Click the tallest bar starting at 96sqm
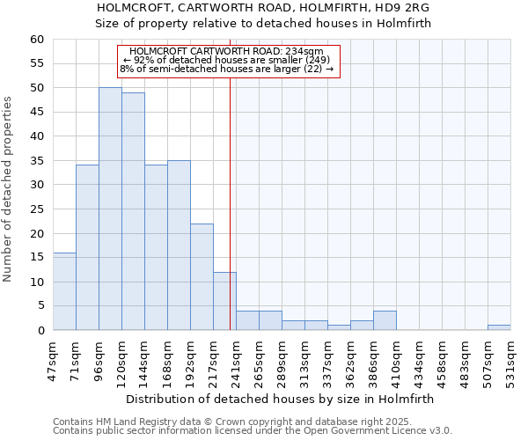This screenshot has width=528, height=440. [110, 209]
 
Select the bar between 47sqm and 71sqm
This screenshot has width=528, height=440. [64, 291]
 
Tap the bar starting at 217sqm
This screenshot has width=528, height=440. [224, 301]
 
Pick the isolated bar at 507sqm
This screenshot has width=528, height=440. [499, 327]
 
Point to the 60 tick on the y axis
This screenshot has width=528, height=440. [37, 40]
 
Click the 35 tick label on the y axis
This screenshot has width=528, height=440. [37, 161]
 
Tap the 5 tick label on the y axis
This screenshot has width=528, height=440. [40, 306]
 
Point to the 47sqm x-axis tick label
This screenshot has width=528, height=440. [53, 359]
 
